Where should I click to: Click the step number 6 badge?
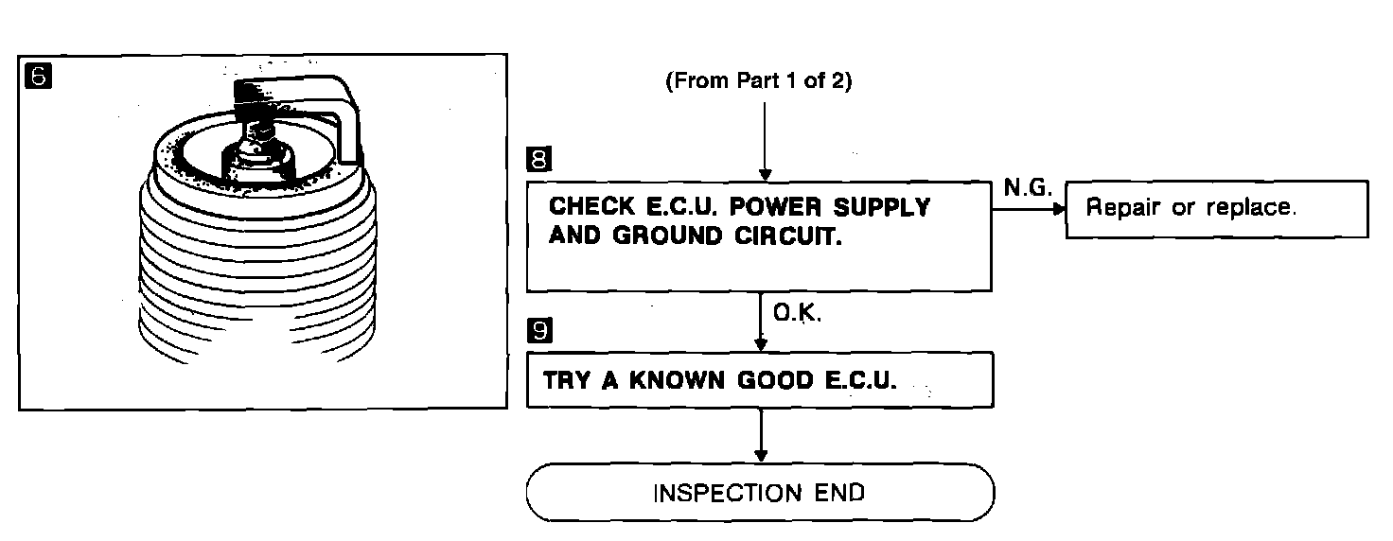pyautogui.click(x=38, y=76)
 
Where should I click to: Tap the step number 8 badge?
pyautogui.click(x=539, y=159)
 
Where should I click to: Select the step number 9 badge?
pyautogui.click(x=539, y=330)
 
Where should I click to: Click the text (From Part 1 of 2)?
pyautogui.click(x=759, y=80)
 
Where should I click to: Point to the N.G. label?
pyautogui.click(x=1028, y=186)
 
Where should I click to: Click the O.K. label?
pyautogui.click(x=797, y=312)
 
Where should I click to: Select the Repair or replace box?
pyautogui.click(x=1217, y=209)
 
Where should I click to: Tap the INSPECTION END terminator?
pyautogui.click(x=760, y=493)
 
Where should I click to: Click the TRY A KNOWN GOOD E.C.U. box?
pyautogui.click(x=760, y=380)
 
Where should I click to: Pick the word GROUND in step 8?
pyautogui.click(x=667, y=236)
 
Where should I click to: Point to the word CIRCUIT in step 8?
pyautogui.click(x=788, y=236)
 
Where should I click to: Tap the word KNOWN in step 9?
pyautogui.click(x=677, y=380)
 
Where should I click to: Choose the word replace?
pyautogui.click(x=1251, y=207)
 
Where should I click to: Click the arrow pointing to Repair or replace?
pyautogui.click(x=1029, y=210)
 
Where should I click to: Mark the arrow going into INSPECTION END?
pyautogui.click(x=761, y=435)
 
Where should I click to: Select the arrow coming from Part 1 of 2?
pyautogui.click(x=765, y=142)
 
